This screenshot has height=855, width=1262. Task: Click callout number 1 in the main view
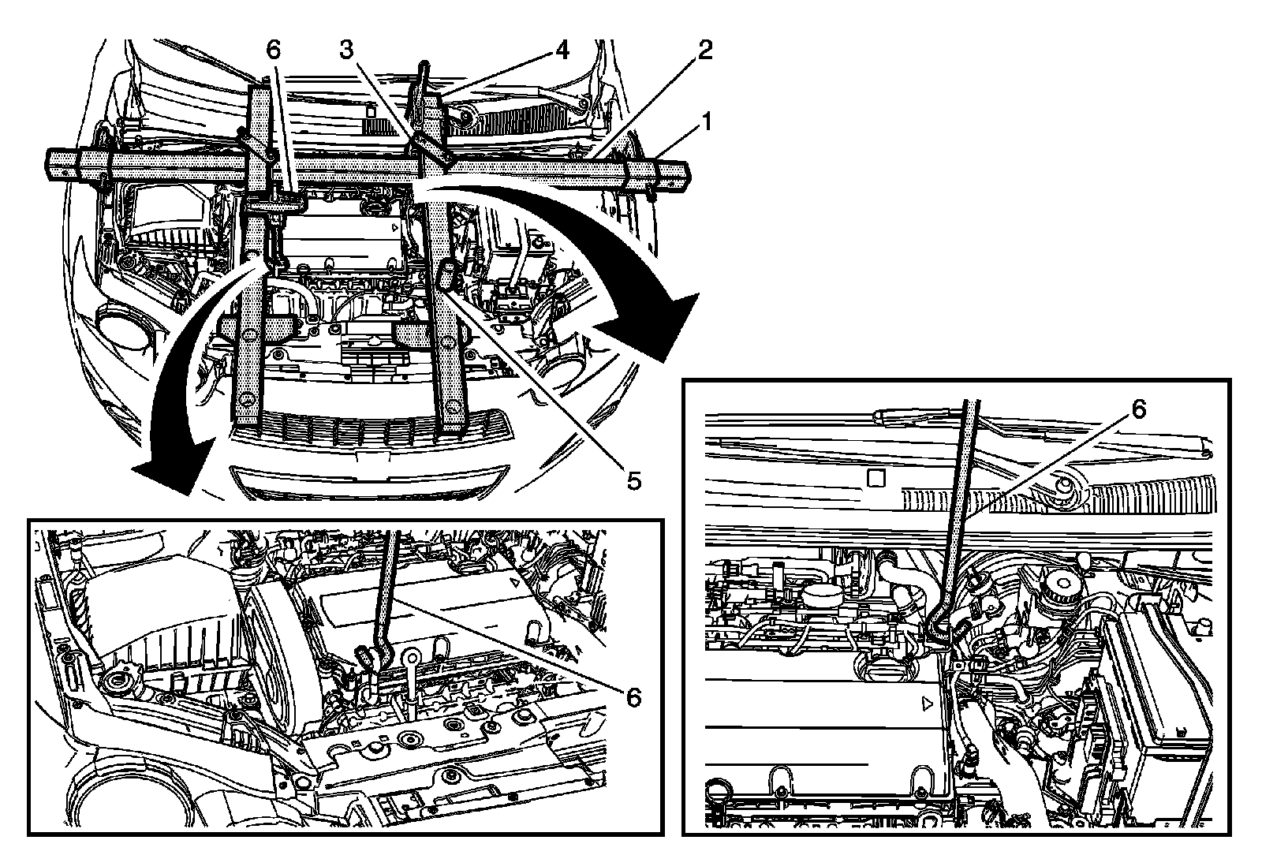pos(707,121)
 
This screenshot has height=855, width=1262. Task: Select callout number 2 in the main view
pos(704,50)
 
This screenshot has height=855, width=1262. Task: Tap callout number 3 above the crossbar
pos(346,50)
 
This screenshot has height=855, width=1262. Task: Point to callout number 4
pos(561,50)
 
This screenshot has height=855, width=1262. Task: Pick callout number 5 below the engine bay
pos(633,479)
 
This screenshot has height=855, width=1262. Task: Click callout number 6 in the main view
pos(273,50)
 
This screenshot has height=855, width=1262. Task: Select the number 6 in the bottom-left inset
pos(633,696)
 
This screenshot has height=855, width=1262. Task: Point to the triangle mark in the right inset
pos(928,700)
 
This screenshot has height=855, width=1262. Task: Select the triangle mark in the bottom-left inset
pos(514,581)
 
